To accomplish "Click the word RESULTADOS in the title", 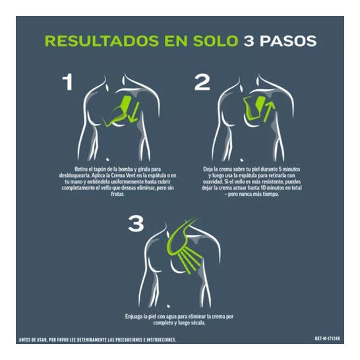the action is pos(102,41).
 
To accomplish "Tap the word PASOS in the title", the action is pos(288,41).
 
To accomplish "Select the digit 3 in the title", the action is pos(249,41).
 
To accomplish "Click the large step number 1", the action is pos(68,82).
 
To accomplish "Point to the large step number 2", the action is pos(202,82).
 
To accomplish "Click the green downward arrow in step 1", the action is pos(134,112).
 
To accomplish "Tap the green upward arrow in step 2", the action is pos(269,112).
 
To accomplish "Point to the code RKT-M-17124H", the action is pos(328,339).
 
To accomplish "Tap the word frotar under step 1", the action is pos(117,194).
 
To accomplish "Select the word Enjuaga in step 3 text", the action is pos(133,316).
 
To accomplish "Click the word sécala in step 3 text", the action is pos(199,323).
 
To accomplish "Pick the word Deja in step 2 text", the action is pos(208,169).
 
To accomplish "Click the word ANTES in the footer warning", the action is pos(24,340).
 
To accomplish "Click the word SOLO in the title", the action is pos(216,41).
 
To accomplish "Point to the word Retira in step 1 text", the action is pos(80,169).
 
